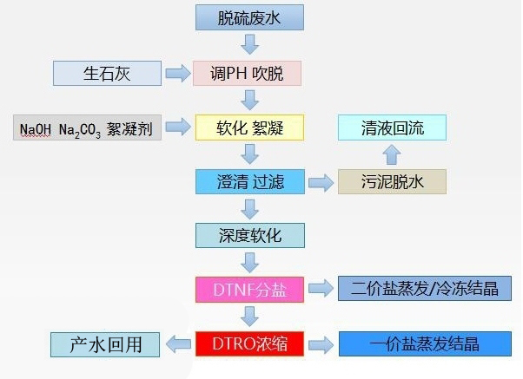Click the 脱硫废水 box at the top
tap(249, 16)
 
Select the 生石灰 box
tap(107, 73)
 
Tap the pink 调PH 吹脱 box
tap(249, 73)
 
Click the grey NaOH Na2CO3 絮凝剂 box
tap(87, 128)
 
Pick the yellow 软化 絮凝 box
tap(249, 128)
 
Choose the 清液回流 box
tap(392, 128)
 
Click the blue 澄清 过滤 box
tap(249, 181)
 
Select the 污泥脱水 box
tap(392, 181)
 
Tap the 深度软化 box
tap(249, 234)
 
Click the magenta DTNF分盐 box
tap(249, 288)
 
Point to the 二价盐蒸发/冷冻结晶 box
tap(424, 288)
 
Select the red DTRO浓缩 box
tap(249, 343)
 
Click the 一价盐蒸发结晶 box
tap(424, 343)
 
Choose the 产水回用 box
tap(104, 343)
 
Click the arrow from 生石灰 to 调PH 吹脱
tap(178, 73)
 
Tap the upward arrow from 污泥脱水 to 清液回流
tap(392, 155)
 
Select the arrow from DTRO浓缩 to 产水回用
tap(177, 343)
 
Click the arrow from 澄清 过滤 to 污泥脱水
tap(321, 182)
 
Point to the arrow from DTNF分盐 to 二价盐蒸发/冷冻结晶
tap(321, 288)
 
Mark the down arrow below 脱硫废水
tap(250, 44)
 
